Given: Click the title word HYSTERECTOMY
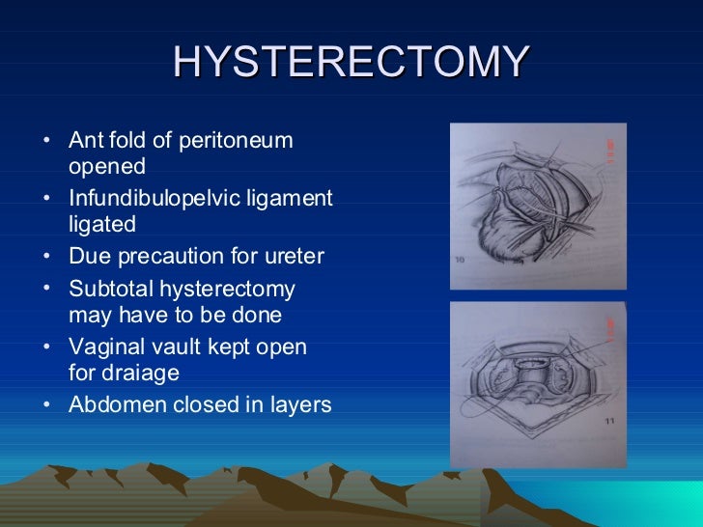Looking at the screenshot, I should pos(351,63).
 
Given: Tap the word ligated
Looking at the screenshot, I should pos(102,224).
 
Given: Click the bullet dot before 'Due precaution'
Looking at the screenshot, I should pos(48,257).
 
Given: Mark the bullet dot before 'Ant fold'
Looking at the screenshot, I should pos(48,141).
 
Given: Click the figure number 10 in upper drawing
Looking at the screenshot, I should pos(461,259).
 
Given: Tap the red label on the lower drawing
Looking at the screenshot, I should pos(609,331).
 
